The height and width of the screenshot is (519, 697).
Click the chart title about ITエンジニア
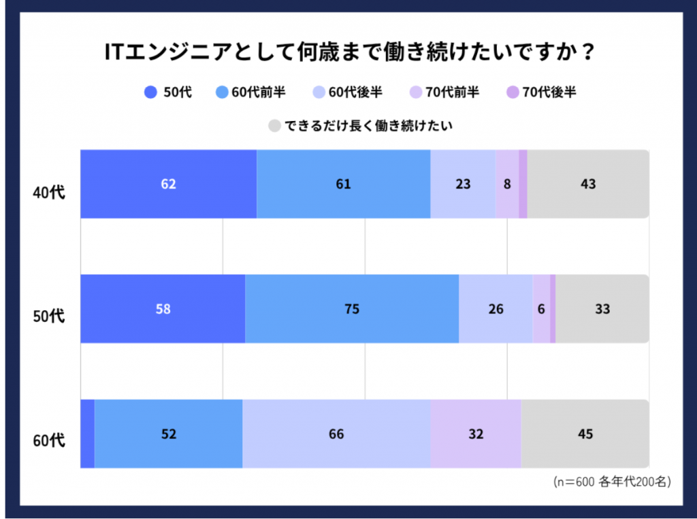(x=348, y=52)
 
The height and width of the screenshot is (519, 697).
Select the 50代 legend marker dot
(x=150, y=93)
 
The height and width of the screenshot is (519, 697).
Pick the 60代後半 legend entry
(x=347, y=93)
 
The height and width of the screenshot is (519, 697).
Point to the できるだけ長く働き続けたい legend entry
(x=361, y=126)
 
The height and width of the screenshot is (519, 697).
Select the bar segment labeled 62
(x=168, y=184)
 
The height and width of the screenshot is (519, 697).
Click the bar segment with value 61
(x=343, y=184)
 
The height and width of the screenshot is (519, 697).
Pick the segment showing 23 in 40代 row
(x=463, y=184)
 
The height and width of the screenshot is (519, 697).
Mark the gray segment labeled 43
(x=588, y=184)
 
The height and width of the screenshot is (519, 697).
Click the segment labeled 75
(x=351, y=309)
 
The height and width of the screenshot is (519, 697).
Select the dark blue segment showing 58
(x=163, y=309)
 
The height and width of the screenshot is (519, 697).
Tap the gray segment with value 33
(x=602, y=309)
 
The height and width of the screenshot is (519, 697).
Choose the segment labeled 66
(x=336, y=434)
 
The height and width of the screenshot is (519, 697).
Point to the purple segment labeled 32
(x=475, y=434)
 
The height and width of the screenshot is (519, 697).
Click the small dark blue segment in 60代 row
(x=87, y=434)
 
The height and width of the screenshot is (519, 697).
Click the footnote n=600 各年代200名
(x=612, y=482)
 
